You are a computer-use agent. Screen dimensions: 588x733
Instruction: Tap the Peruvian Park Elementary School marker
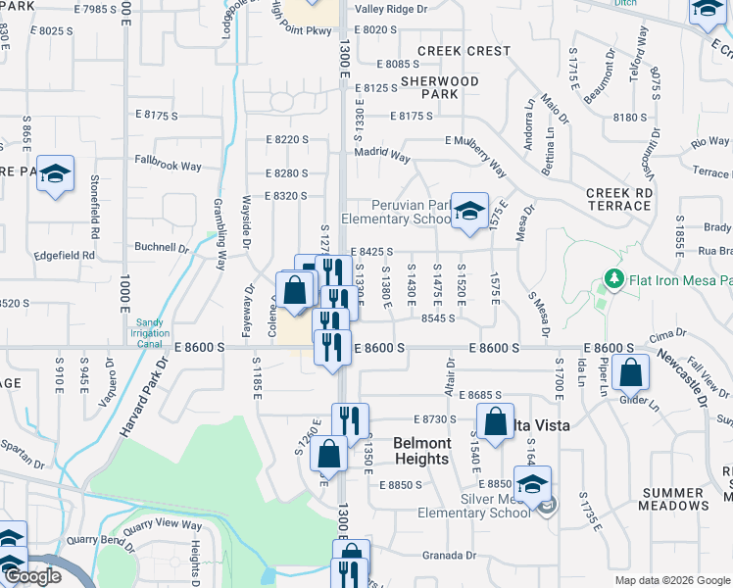tap(469, 210)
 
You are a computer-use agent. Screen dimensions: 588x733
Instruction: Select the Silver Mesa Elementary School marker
tap(533, 484)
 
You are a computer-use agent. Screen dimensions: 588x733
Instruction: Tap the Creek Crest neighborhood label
tap(464, 50)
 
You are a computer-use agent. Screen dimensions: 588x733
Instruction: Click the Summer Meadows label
tap(674, 499)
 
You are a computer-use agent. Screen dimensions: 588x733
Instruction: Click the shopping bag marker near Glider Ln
tap(632, 372)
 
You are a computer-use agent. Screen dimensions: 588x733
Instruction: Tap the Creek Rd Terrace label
tap(619, 200)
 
